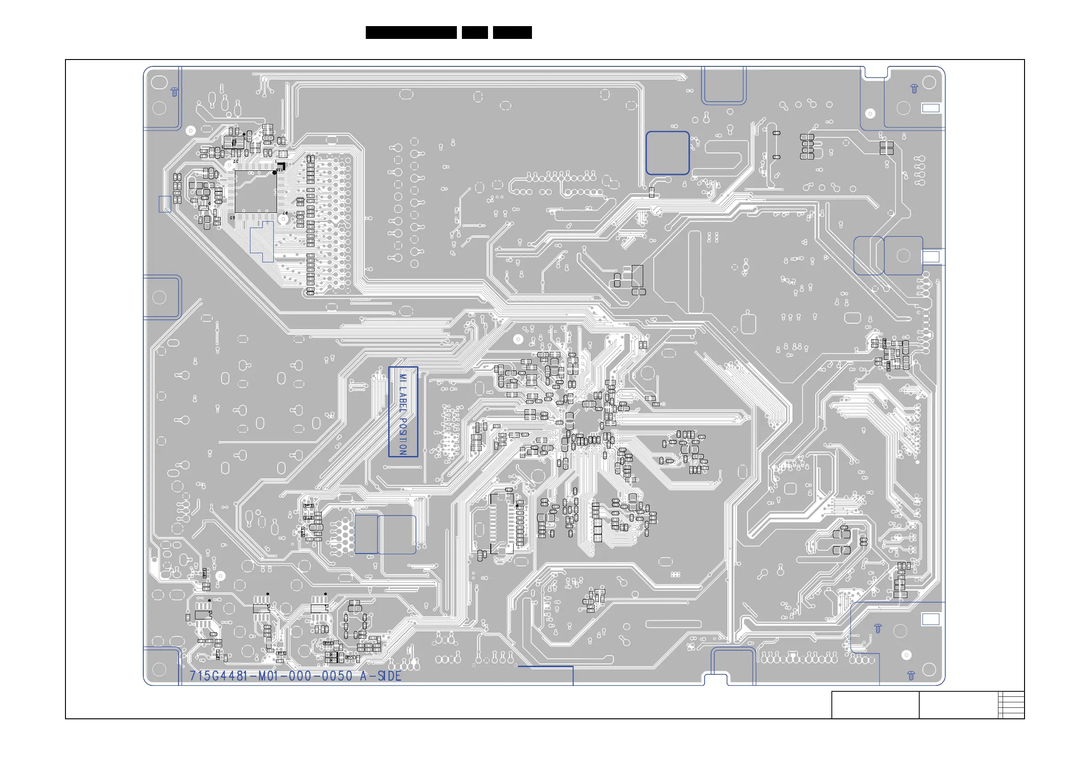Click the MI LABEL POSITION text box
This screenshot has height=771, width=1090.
403,412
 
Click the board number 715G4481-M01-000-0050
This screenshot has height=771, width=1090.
271,676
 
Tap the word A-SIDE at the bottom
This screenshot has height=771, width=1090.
380,676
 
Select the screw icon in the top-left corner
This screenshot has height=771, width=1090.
174,92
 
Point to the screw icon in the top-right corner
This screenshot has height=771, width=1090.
914,89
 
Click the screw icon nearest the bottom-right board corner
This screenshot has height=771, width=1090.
911,675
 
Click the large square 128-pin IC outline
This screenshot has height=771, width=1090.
255,191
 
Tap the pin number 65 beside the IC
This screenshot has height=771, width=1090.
232,217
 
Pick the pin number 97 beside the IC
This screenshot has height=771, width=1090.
285,214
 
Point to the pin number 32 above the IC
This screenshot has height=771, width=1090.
235,162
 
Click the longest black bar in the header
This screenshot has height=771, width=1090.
411,33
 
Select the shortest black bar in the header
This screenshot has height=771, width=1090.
474,33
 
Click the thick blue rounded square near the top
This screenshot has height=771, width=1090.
667,153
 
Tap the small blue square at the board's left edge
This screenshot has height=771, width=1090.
165,204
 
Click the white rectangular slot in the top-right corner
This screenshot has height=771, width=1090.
931,108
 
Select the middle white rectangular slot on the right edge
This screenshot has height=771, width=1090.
931,257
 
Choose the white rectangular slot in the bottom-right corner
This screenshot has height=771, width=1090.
931,619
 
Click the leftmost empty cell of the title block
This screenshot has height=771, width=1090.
875,705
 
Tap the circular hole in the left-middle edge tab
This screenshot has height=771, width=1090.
159,298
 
